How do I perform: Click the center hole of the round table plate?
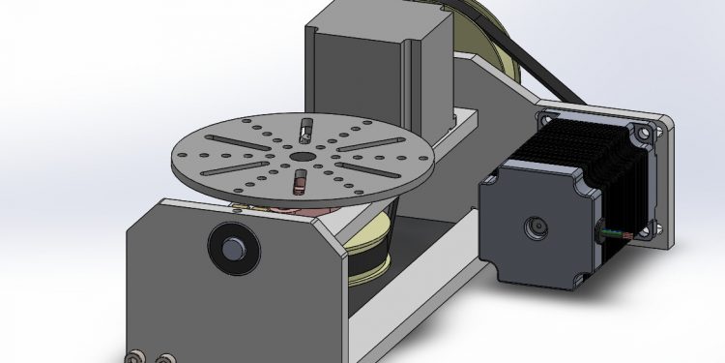click(x=300, y=155)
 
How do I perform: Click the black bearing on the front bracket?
click(x=232, y=248)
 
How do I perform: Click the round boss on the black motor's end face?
click(x=534, y=228)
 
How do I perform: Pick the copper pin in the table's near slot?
click(x=299, y=180)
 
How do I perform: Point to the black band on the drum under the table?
click(x=372, y=261)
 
